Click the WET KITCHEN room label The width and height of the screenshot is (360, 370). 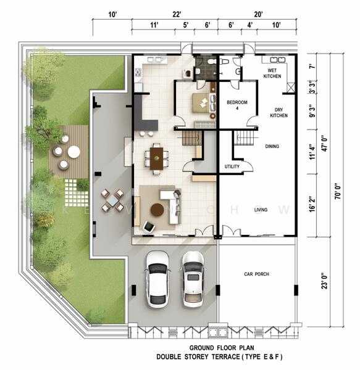click(x=272, y=73)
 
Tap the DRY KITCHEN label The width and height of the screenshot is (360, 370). click(x=278, y=113)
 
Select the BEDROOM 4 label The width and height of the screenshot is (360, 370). click(x=237, y=105)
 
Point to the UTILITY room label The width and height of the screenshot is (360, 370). click(x=232, y=166)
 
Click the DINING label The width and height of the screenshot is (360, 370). click(x=272, y=146)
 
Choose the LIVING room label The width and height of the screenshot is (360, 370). click(x=261, y=210)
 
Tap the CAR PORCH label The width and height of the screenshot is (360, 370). click(x=256, y=274)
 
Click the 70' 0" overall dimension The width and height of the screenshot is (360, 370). click(x=338, y=191)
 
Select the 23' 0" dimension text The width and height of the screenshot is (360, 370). click(x=325, y=281)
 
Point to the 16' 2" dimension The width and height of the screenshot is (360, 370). click(x=312, y=204)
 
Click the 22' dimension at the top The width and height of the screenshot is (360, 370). click(x=177, y=14)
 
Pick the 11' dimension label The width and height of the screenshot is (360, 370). click(x=154, y=25)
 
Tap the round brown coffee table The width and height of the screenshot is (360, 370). click(x=157, y=210)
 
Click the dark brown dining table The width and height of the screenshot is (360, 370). click(x=157, y=158)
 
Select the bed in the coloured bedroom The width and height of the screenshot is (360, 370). click(x=204, y=103)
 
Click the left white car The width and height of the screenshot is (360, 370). click(x=157, y=279)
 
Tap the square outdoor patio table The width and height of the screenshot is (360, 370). click(x=112, y=200)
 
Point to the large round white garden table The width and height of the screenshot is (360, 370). click(x=74, y=152)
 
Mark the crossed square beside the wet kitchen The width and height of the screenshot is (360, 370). click(x=291, y=88)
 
